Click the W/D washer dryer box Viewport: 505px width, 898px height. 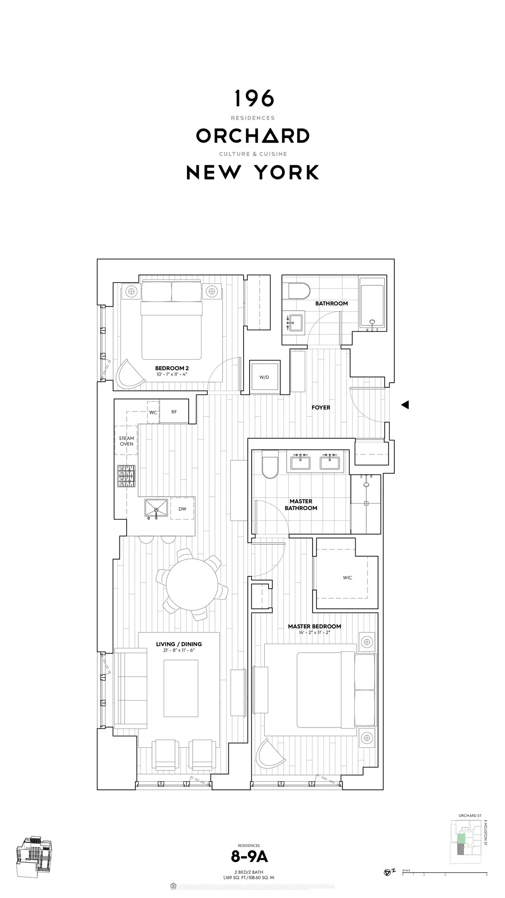[x=264, y=377]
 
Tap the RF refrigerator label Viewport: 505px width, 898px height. [x=174, y=412]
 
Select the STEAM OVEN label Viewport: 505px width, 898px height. [x=126, y=441]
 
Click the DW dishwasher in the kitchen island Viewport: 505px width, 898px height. [x=182, y=509]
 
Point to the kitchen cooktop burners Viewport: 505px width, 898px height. [x=127, y=476]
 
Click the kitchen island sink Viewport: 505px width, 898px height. [x=157, y=508]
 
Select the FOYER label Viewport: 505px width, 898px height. [x=321, y=408]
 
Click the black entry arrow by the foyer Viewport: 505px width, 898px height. [x=405, y=405]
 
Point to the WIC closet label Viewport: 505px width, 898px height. [x=347, y=578]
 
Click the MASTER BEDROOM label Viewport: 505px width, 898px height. [x=314, y=626]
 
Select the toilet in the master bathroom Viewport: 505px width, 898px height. [x=270, y=465]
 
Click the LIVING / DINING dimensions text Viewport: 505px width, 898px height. [x=179, y=650]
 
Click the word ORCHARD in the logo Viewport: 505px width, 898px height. [x=253, y=136]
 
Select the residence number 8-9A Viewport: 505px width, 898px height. [x=249, y=857]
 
